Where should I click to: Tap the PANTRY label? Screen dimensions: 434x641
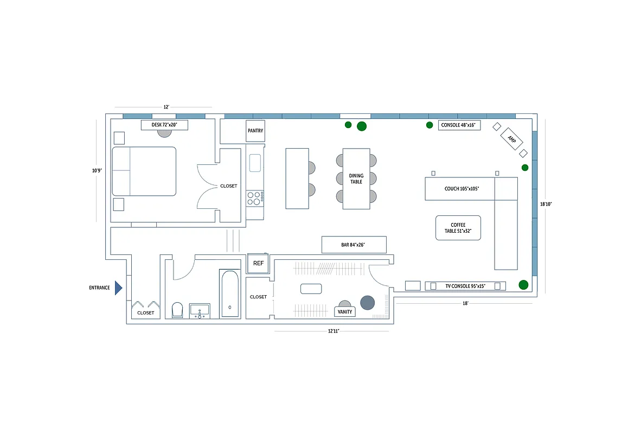point(255,131)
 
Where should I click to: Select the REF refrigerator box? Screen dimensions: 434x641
point(258,263)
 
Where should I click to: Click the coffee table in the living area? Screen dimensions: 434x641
point(458,228)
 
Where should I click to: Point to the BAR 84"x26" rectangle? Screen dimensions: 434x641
point(354,245)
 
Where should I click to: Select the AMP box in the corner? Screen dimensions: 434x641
point(511,139)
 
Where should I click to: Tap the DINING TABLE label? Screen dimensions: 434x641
point(356,179)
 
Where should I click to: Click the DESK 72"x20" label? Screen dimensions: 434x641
point(164,125)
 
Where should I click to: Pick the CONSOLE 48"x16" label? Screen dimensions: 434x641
point(458,125)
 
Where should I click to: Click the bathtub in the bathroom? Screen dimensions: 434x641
point(229,293)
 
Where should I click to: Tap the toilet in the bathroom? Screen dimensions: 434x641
point(177,310)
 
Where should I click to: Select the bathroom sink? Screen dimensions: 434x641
point(200,311)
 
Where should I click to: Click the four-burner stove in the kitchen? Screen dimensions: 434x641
point(254,197)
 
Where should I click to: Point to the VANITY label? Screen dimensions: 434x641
point(345,311)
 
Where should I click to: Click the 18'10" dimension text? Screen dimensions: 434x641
point(546,205)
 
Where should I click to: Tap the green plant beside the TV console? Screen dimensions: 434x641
point(523,285)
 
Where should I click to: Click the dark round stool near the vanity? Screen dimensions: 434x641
point(368,303)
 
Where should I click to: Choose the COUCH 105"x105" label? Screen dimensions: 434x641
point(458,189)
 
